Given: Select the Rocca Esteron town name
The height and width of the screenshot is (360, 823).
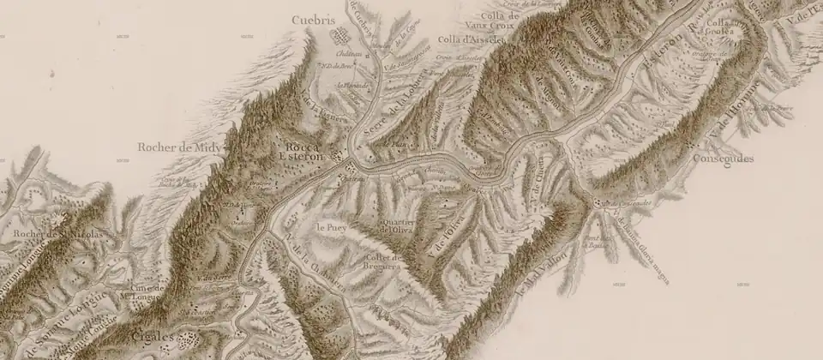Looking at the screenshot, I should click(x=302, y=151).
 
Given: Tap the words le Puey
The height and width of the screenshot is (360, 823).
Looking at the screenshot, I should click(x=330, y=228).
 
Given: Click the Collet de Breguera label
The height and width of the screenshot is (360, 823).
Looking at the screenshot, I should click(x=385, y=262).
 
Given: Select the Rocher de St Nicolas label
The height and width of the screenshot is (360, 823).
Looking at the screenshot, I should click(x=63, y=233).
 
